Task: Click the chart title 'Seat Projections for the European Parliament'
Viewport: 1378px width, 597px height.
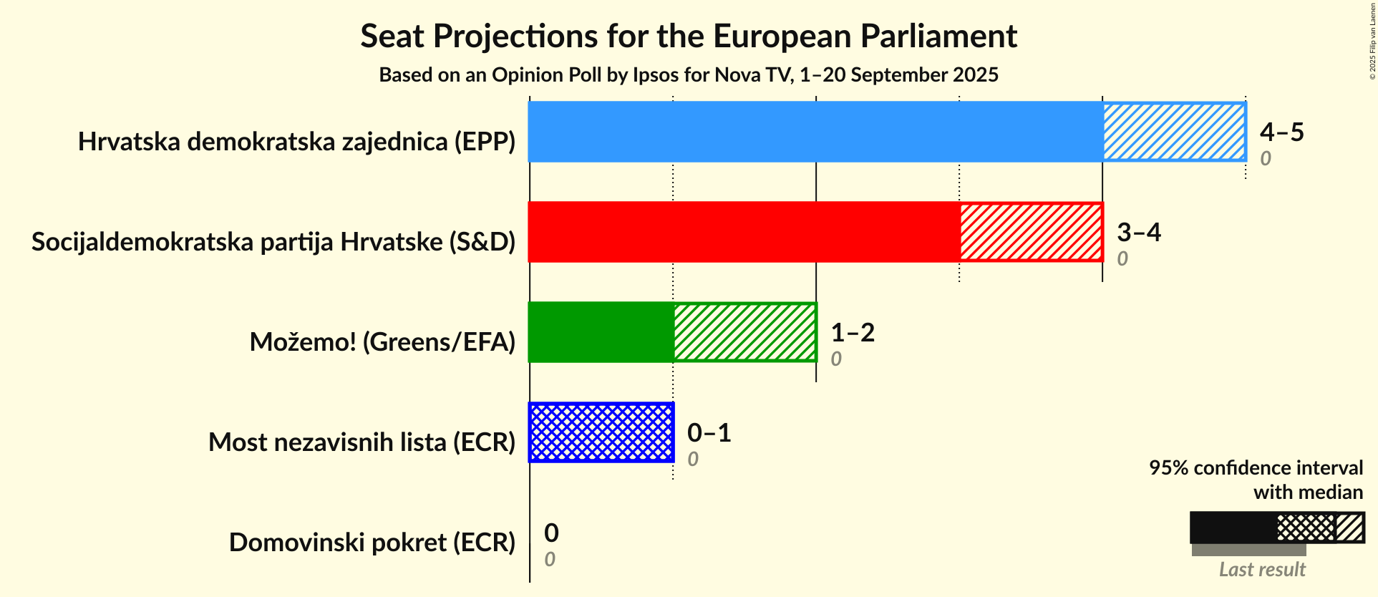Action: (689, 37)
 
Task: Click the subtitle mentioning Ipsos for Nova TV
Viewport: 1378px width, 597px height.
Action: (689, 75)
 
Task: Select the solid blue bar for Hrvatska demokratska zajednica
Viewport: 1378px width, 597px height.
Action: (815, 132)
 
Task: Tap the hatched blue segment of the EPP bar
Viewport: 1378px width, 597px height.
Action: (1174, 132)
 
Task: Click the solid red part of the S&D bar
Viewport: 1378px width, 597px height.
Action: (744, 232)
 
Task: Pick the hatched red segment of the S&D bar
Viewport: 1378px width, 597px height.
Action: (1031, 232)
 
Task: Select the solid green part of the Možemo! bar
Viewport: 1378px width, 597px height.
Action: (601, 332)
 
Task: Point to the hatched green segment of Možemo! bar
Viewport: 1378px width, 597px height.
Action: (744, 332)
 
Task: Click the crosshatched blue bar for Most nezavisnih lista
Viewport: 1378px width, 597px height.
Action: (601, 432)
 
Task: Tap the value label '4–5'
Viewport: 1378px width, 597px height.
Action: (1281, 132)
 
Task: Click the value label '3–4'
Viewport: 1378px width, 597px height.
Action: (1138, 233)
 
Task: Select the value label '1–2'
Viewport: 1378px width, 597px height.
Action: (852, 333)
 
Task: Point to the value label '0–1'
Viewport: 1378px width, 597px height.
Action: (709, 433)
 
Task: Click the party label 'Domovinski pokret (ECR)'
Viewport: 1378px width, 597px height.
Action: (372, 543)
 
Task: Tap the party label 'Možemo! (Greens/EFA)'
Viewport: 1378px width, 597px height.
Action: (382, 342)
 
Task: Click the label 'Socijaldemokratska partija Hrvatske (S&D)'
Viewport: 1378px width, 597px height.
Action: (273, 242)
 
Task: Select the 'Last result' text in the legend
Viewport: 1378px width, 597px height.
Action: (1262, 570)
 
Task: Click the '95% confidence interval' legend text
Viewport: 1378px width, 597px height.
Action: (1256, 468)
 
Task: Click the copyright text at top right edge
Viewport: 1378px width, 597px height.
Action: (1372, 41)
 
